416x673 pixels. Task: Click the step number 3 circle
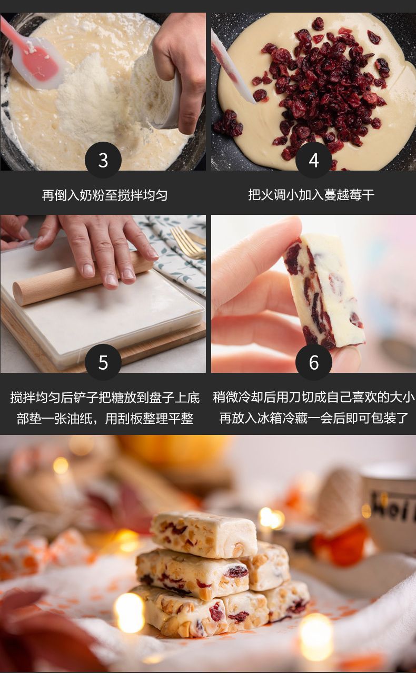(103, 160)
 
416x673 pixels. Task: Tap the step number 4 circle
(313, 160)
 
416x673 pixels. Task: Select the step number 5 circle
(103, 362)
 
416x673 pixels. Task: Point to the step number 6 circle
(313, 362)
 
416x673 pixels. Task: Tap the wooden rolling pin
(81, 278)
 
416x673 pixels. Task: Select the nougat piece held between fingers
(324, 291)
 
